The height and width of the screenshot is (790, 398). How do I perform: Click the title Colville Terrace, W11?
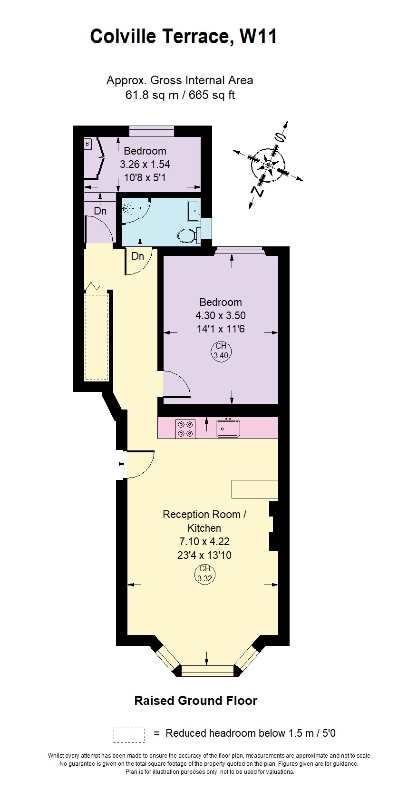click(184, 37)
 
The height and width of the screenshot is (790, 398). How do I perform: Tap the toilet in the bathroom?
click(187, 235)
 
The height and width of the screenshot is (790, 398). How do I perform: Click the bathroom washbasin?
click(194, 211)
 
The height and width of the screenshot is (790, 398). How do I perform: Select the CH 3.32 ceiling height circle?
click(204, 574)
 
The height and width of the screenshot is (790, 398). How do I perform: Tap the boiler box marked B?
click(88, 143)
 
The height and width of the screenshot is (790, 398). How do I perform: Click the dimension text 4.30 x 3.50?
click(221, 315)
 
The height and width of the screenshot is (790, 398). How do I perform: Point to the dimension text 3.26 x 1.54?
click(145, 165)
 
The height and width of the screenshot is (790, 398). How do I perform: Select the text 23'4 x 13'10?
click(204, 555)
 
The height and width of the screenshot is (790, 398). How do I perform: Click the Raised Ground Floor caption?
click(195, 701)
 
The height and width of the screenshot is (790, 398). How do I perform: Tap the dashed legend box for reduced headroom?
click(129, 735)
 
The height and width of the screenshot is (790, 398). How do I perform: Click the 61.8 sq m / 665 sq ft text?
click(180, 95)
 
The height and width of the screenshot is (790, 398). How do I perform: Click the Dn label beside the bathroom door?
click(137, 256)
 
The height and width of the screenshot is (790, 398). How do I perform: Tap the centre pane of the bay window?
click(207, 671)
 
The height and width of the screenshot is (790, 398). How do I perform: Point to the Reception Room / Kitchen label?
click(204, 521)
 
